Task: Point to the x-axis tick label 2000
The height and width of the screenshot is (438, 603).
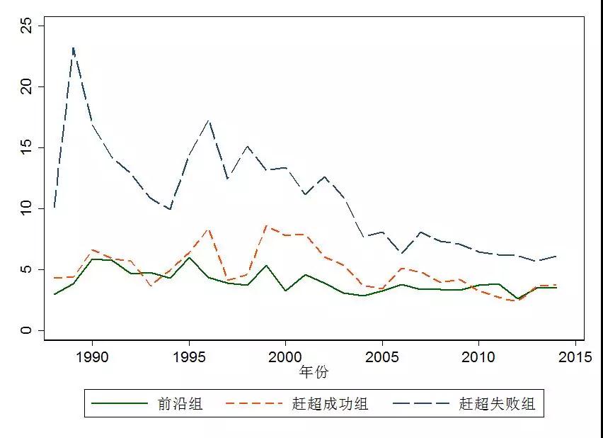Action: [x=285, y=356]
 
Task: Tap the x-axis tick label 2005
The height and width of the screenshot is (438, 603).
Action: [x=382, y=356]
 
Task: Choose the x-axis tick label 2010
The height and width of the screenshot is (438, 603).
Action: [x=478, y=356]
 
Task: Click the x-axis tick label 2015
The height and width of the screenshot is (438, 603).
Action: [x=575, y=356]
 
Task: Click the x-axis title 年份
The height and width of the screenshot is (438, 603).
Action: [x=314, y=372]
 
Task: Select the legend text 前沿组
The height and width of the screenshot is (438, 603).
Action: [x=180, y=405]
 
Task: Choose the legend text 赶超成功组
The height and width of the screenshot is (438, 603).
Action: [x=330, y=405]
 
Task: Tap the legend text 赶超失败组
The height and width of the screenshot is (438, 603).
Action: [x=497, y=405]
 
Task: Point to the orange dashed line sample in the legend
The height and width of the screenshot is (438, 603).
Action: [x=253, y=405]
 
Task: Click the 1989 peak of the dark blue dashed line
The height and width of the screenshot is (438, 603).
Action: [x=73, y=47]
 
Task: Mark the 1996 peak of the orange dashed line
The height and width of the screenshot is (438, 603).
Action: [x=208, y=229]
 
